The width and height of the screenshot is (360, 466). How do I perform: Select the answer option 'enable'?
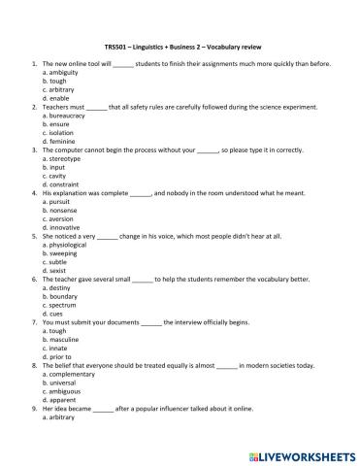pos(55,98)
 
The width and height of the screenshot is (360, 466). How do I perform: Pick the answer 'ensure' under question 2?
pos(55,124)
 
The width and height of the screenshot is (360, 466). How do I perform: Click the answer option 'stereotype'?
pos(61,159)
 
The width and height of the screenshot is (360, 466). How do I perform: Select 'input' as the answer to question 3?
pos(53,168)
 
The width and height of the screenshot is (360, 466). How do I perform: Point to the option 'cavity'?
pos(54,177)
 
